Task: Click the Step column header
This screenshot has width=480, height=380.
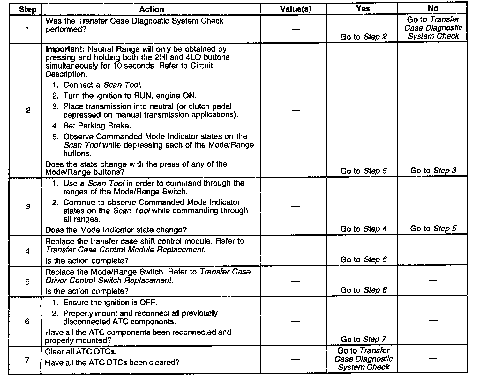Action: (x=27, y=9)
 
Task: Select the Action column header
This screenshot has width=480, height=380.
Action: (x=151, y=9)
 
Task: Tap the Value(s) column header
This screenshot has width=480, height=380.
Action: (x=295, y=9)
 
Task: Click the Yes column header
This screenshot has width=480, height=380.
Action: (x=363, y=9)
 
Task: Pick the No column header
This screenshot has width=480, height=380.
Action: (x=433, y=9)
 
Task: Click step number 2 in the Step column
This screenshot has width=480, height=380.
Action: (x=28, y=111)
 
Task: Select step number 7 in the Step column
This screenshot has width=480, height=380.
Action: (x=27, y=360)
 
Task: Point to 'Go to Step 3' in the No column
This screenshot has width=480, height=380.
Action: (x=433, y=171)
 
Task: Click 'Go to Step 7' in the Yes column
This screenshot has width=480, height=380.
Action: (x=364, y=339)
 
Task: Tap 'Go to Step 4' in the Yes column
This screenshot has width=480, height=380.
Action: (x=364, y=229)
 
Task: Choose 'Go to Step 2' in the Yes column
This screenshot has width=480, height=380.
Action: (x=364, y=37)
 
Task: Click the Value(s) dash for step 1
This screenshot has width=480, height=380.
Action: (x=296, y=29)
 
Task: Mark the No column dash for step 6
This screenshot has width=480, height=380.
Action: (x=433, y=320)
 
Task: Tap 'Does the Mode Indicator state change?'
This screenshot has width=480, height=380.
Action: (x=116, y=230)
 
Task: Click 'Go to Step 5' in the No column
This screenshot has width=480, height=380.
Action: (x=433, y=229)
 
